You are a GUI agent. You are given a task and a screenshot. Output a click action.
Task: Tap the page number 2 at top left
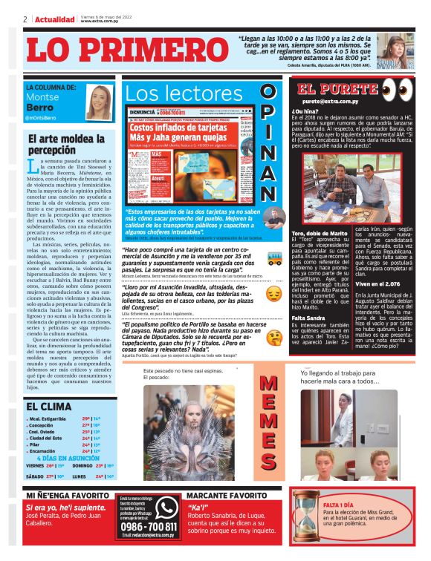click(25, 19)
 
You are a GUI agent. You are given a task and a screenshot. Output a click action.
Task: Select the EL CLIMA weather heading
click(49, 407)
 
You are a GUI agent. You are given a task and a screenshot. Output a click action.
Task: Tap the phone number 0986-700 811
click(149, 528)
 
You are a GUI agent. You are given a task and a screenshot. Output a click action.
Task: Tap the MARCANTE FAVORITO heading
click(228, 493)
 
